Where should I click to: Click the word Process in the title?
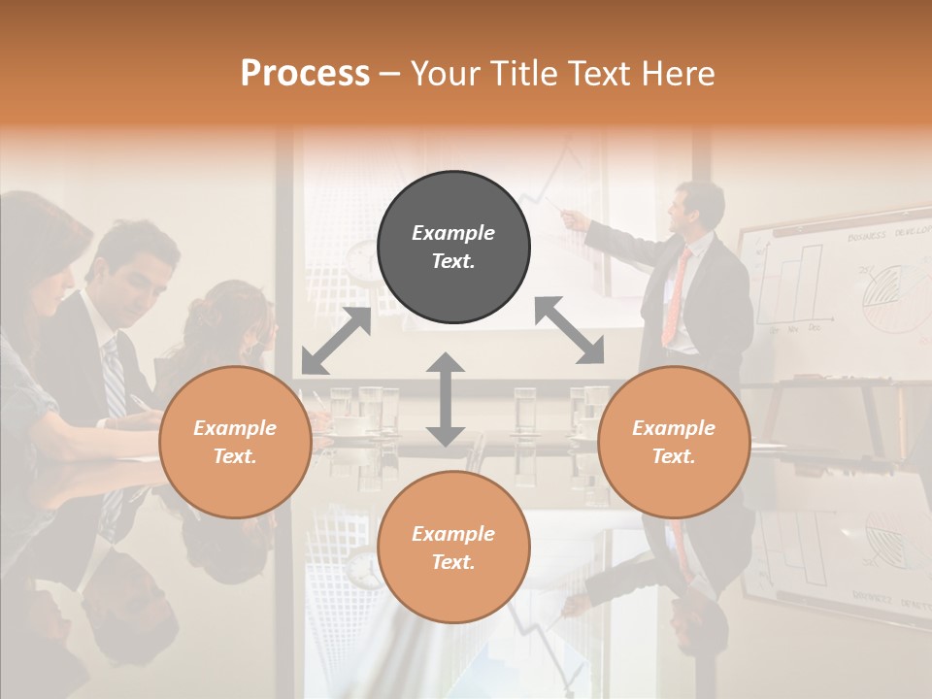(305, 74)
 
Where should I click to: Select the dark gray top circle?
(453, 248)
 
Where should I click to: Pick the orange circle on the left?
(235, 442)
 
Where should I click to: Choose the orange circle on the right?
(674, 442)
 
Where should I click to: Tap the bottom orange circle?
(453, 548)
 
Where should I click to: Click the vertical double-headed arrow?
(446, 399)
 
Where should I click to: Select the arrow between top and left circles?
(336, 341)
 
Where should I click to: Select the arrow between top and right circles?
(569, 330)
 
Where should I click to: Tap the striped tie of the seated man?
(114, 379)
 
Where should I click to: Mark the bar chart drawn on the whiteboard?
(796, 286)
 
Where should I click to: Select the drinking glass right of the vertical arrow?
(524, 408)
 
